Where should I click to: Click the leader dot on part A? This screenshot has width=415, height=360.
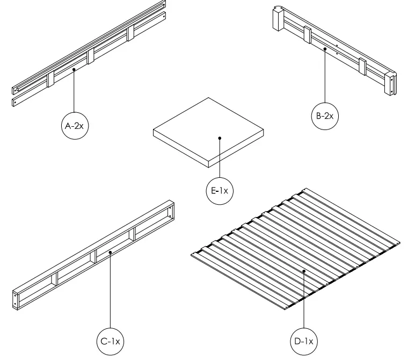tap(74, 69)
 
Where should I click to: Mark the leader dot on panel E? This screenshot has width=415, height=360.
tap(219, 139)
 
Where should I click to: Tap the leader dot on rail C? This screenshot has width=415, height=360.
tap(110, 251)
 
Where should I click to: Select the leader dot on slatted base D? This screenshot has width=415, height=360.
tap(304, 272)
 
